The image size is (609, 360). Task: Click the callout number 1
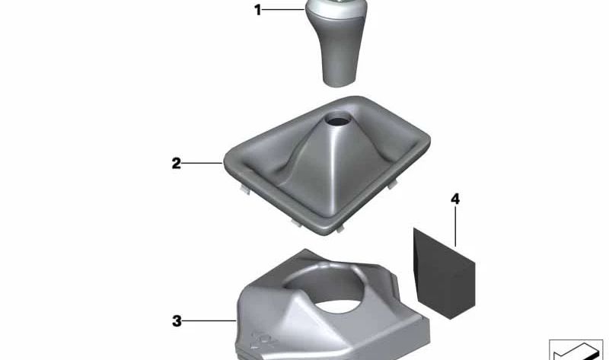click(258, 10)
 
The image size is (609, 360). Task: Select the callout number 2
click(177, 163)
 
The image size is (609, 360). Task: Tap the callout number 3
click(177, 321)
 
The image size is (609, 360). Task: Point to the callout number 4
click(455, 199)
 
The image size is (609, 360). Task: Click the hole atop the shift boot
click(337, 119)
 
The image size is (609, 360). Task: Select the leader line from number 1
click(283, 9)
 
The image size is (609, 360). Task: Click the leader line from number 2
click(202, 163)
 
